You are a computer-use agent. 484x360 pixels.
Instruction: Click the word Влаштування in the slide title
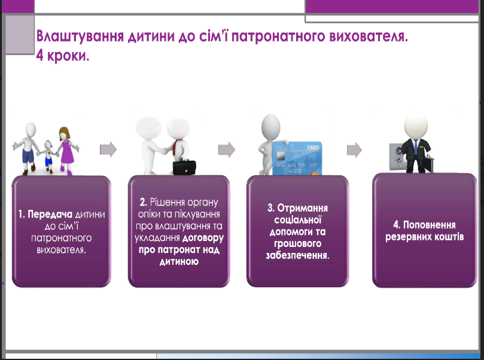pos(80,36)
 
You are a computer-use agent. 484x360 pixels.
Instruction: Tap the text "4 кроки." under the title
pos(63,56)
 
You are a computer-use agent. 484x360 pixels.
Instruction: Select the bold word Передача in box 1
pos(50,215)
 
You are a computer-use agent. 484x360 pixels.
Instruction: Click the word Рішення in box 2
pos(167,202)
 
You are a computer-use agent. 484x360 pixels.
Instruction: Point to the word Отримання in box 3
pos(303,208)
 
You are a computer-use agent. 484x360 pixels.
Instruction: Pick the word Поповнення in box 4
pos(430,225)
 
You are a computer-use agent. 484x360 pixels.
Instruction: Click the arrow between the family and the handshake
pos(108,150)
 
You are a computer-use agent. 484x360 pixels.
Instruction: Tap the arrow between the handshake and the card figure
pos(227,150)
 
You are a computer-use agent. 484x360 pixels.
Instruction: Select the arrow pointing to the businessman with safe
pos(354,150)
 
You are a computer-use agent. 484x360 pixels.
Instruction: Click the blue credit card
pos(297,158)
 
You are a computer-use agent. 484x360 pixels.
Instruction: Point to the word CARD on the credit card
pos(313,148)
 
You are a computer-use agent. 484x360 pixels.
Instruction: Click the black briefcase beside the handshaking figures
pos(184,167)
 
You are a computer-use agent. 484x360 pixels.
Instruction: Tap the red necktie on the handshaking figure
pos(175,148)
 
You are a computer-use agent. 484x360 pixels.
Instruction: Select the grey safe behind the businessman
pos(397,157)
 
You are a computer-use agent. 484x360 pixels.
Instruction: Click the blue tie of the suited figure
pos(416,147)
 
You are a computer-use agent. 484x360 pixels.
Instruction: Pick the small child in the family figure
pos(48,157)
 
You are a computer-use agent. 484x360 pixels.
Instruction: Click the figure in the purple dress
pos(66,151)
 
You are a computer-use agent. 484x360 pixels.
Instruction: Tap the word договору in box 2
pos(203,238)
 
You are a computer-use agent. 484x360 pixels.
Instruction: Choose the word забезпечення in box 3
pos(297,255)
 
